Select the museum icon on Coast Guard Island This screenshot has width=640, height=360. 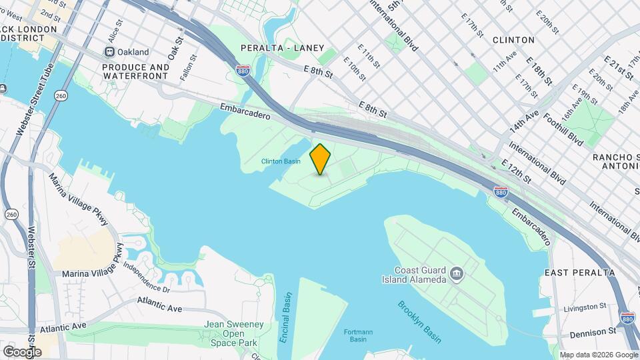tap(457, 273)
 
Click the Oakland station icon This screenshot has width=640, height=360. tap(109, 52)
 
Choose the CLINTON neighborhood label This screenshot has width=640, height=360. tap(513, 40)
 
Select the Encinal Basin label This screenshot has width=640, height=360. tap(285, 317)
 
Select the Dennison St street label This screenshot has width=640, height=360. tap(593, 331)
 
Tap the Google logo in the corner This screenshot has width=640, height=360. tap(22, 351)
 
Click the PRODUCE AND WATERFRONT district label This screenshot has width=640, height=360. tap(135, 72)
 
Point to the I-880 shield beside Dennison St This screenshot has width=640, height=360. tap(627, 318)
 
